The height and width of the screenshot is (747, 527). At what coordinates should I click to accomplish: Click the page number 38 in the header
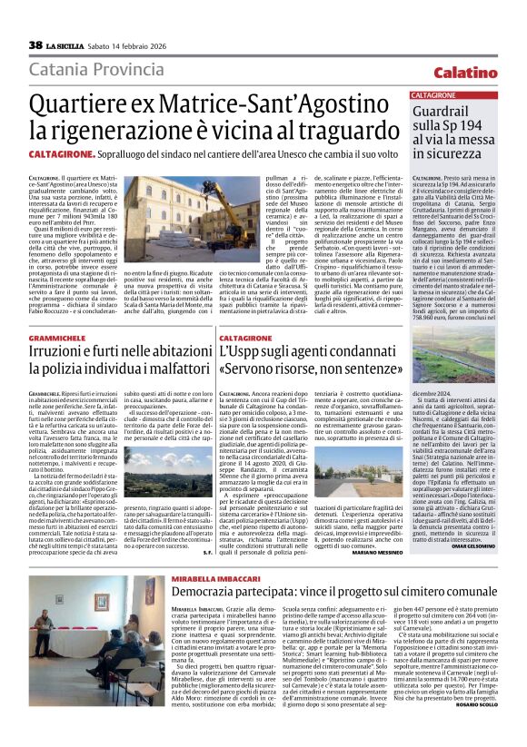click(35, 44)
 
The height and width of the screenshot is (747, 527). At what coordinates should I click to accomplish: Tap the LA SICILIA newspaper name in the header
click(66, 45)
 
